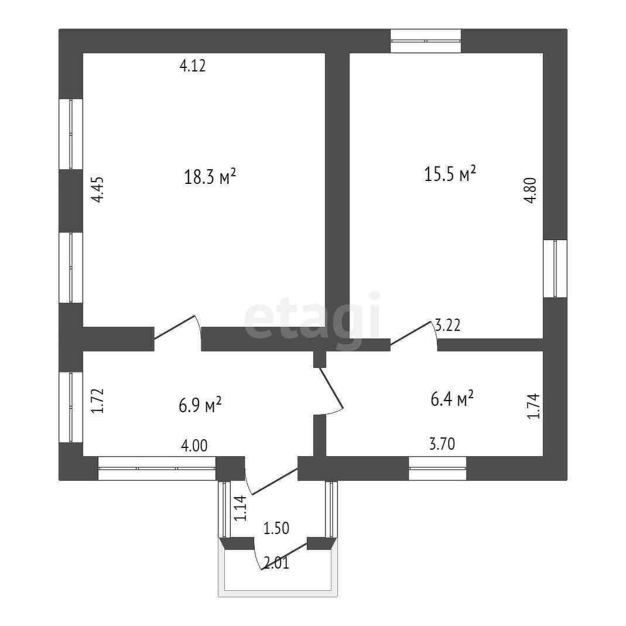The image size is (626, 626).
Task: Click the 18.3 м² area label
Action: tap(210, 176)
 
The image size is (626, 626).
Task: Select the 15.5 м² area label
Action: tap(450, 174)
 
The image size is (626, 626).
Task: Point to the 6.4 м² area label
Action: tap(451, 399)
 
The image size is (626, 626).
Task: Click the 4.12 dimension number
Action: tap(192, 66)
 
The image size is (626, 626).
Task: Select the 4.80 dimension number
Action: tap(529, 190)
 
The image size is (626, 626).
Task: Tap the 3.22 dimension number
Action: tap(447, 326)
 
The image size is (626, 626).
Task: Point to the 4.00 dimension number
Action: tap(193, 446)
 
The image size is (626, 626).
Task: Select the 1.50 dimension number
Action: tap(276, 528)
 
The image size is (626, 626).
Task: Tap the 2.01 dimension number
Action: tap(276, 564)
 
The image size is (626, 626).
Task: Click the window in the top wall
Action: tap(426, 41)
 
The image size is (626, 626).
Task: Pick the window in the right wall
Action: tap(555, 269)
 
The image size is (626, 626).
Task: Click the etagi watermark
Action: tap(312, 319)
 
